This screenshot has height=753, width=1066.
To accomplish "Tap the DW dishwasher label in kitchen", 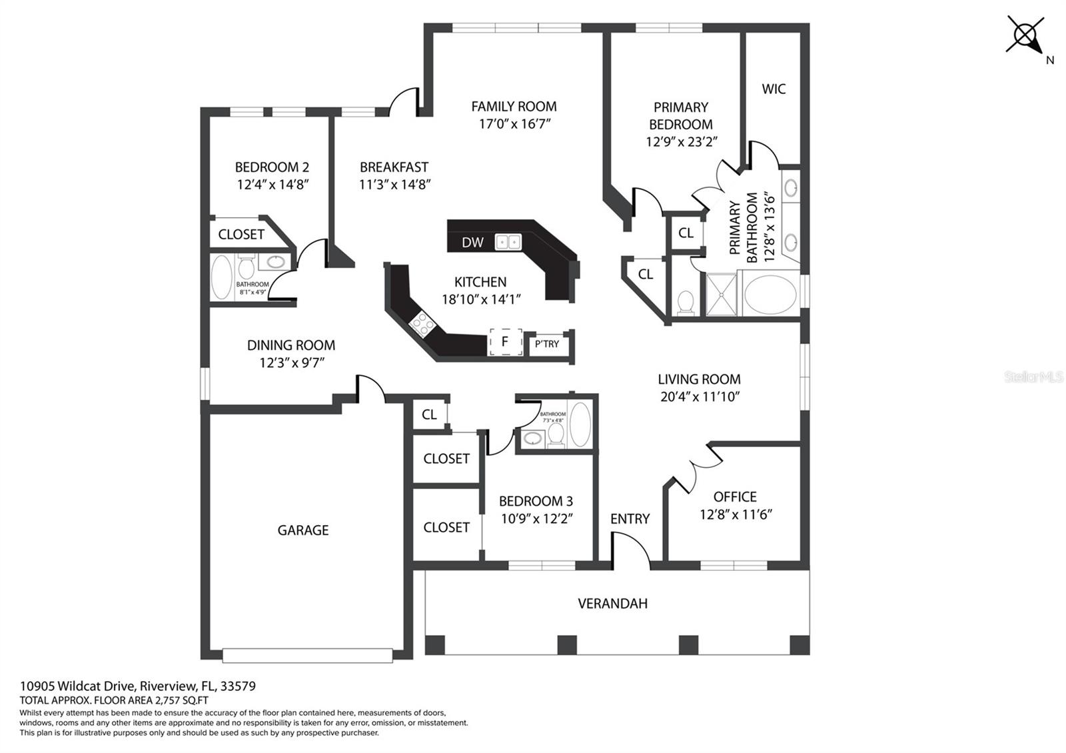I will [x=472, y=243].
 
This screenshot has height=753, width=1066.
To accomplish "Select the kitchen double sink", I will [x=508, y=242].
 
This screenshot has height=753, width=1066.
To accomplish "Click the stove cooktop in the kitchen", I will [x=422, y=324].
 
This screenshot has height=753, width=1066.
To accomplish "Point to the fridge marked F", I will [x=505, y=342].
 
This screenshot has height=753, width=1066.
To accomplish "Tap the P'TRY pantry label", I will [x=547, y=344].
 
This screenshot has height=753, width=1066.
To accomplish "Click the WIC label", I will [x=774, y=89].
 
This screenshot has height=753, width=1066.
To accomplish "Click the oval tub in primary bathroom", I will [x=770, y=294].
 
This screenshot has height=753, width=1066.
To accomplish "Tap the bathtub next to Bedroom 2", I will [x=222, y=277].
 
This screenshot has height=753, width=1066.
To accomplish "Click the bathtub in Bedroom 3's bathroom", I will [x=580, y=424].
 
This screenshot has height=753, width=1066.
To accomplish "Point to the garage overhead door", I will [x=307, y=656].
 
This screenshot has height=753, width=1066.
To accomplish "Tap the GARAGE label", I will [x=303, y=530].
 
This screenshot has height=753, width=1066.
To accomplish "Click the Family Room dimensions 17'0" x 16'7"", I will [x=514, y=124].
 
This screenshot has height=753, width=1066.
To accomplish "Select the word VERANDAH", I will [x=612, y=604].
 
